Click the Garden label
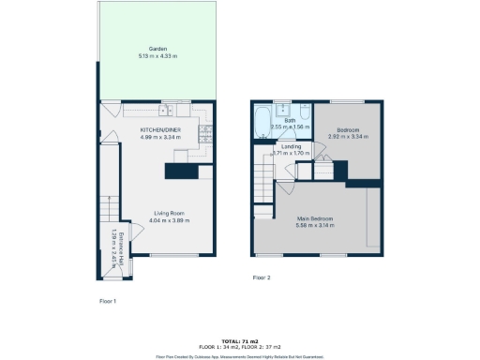[x=157, y=49]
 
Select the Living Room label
[x=172, y=213]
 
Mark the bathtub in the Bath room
[x=263, y=120]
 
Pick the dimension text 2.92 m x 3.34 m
[x=346, y=137]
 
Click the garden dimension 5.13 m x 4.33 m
[x=157, y=56]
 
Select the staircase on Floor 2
[x=263, y=173]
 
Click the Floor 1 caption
[x=108, y=301]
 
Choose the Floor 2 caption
[x=262, y=277]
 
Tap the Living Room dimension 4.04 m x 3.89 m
[x=172, y=220]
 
